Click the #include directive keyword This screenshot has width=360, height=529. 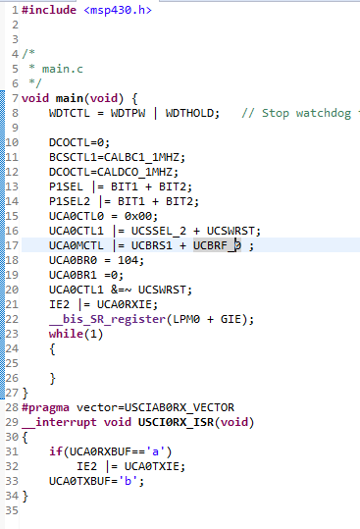49,10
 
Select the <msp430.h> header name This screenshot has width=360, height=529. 118,10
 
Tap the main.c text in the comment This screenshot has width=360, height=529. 63,69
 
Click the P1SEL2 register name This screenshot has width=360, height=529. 70,201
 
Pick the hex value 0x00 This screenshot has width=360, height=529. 137,216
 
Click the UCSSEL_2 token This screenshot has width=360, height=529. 159,231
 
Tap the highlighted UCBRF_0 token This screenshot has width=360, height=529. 217,245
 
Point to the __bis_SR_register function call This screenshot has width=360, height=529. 107,319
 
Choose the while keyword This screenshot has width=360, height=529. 66,334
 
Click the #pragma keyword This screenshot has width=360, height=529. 45,407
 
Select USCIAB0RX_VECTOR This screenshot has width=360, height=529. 180,407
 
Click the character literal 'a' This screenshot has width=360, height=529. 155,451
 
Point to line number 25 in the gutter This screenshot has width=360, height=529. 12,363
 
